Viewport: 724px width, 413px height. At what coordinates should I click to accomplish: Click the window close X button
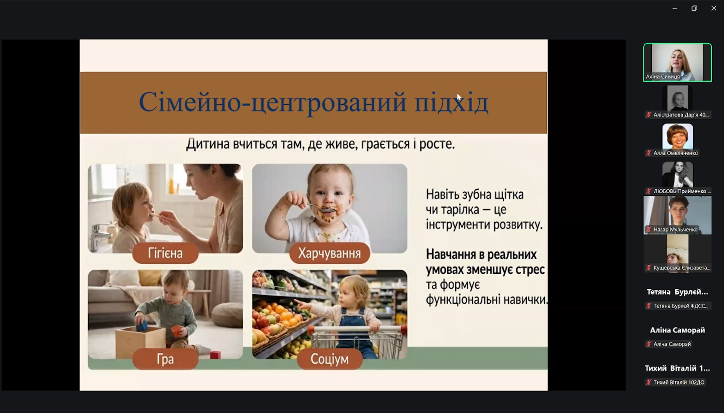[714, 8]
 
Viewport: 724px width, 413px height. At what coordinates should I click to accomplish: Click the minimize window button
[675, 8]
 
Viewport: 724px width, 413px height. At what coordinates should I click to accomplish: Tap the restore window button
[694, 8]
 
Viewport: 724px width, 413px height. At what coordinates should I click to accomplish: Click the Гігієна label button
[165, 253]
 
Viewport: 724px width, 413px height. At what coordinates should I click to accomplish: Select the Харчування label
[330, 253]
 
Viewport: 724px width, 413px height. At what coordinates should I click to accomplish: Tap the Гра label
[165, 359]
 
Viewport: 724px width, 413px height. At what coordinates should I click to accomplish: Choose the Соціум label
[330, 359]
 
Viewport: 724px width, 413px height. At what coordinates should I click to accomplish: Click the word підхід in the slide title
[452, 102]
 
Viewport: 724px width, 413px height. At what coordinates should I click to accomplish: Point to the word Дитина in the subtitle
[208, 144]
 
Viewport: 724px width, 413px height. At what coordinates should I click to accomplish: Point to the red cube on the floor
[215, 355]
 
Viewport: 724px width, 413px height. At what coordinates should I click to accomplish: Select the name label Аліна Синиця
[663, 76]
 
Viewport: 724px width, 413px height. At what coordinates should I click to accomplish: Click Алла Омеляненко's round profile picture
[678, 136]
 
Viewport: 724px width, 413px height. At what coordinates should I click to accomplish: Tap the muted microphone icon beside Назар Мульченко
[649, 230]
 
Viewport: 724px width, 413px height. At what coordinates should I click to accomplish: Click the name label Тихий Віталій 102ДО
[679, 382]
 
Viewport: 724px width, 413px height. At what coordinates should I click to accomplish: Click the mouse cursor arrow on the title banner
[459, 97]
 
